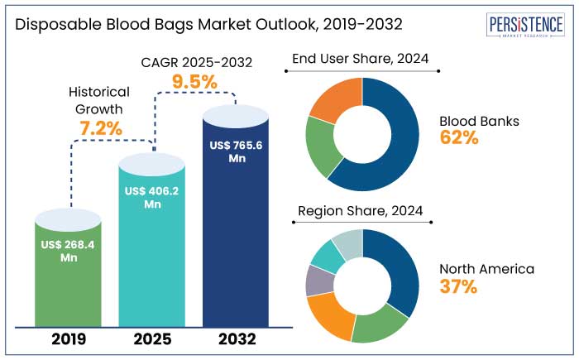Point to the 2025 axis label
152,338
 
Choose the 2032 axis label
236,338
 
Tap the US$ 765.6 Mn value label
236,151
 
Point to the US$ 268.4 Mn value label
69,251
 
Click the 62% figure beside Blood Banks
459,138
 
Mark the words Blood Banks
479,121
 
